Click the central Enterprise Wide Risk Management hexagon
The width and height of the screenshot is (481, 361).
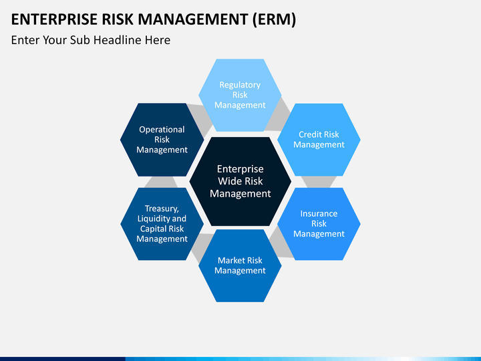(x=240, y=181)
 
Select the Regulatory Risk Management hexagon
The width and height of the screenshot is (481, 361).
(x=240, y=95)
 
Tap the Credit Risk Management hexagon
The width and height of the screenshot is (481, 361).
(x=319, y=140)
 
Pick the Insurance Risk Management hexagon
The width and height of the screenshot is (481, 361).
(x=319, y=224)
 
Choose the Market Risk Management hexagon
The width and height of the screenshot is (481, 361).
(x=240, y=266)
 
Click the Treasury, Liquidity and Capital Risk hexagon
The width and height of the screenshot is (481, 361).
(x=162, y=224)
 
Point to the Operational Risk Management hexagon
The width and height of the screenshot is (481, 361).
(x=162, y=140)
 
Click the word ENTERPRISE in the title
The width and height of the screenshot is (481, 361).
(x=54, y=19)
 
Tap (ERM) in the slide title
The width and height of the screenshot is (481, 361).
(x=275, y=19)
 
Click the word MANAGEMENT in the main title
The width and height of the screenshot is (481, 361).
(x=192, y=19)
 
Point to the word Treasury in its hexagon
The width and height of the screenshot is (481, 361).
(x=162, y=209)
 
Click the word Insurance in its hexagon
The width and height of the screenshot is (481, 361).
(x=319, y=213)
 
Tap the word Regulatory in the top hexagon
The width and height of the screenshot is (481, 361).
(x=240, y=85)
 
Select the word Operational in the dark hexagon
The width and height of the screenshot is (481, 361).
(x=162, y=130)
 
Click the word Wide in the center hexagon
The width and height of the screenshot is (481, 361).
(x=227, y=181)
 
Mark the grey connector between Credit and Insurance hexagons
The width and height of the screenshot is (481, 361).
(x=319, y=182)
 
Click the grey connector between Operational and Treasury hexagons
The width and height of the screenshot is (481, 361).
(x=161, y=182)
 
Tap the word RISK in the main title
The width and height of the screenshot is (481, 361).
(x=118, y=19)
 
